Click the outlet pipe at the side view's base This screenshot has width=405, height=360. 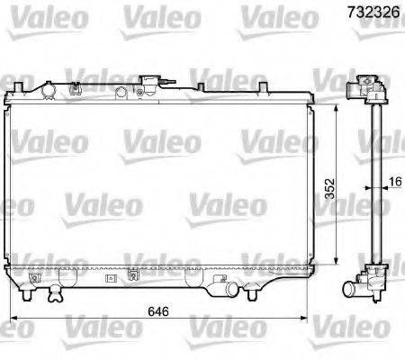coord(369,291)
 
